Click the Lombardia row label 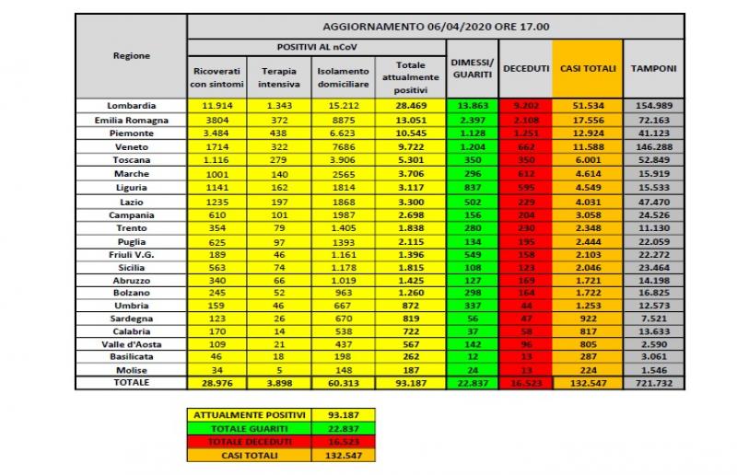click(x=131, y=107)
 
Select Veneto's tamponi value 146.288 click(x=655, y=147)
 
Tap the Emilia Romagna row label click(x=131, y=121)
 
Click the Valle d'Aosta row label click(x=131, y=342)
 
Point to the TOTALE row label click(x=131, y=382)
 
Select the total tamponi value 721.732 click(x=655, y=382)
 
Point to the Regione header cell click(x=131, y=56)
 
